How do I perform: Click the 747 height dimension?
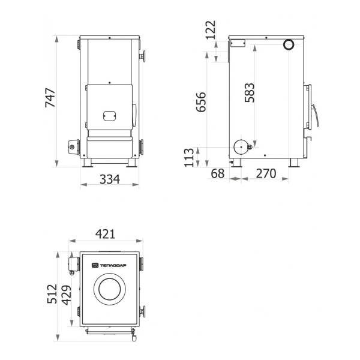50,98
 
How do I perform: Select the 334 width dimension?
110,179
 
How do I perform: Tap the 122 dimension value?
211,30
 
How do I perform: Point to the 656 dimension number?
201,102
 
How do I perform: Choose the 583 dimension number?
250,93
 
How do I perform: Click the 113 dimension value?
189,157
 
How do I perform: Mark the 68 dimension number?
217,173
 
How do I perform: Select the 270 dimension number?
266,173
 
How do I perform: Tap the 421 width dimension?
105,234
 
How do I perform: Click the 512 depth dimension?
52,294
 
